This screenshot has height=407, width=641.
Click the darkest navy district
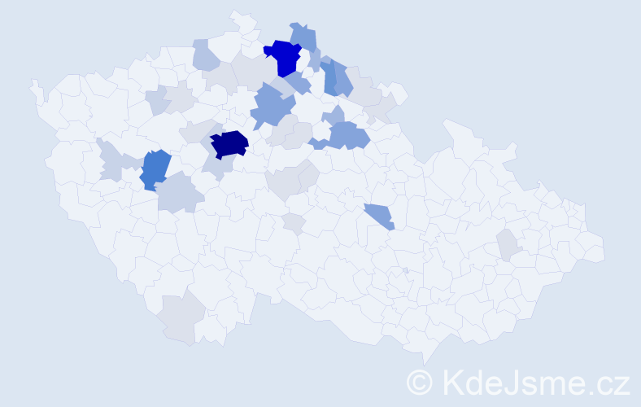(229, 143)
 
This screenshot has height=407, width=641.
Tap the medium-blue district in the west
(155, 169)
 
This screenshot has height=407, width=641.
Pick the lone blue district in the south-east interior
(379, 216)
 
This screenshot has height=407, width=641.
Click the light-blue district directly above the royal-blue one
(303, 36)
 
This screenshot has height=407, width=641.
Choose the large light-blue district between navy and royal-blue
(272, 107)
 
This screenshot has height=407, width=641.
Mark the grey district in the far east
(507, 244)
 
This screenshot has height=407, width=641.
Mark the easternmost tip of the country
(604, 252)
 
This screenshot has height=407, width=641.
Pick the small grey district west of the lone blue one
(294, 222)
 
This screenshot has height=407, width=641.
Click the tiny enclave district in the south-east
(405, 270)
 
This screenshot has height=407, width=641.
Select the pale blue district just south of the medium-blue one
(177, 195)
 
